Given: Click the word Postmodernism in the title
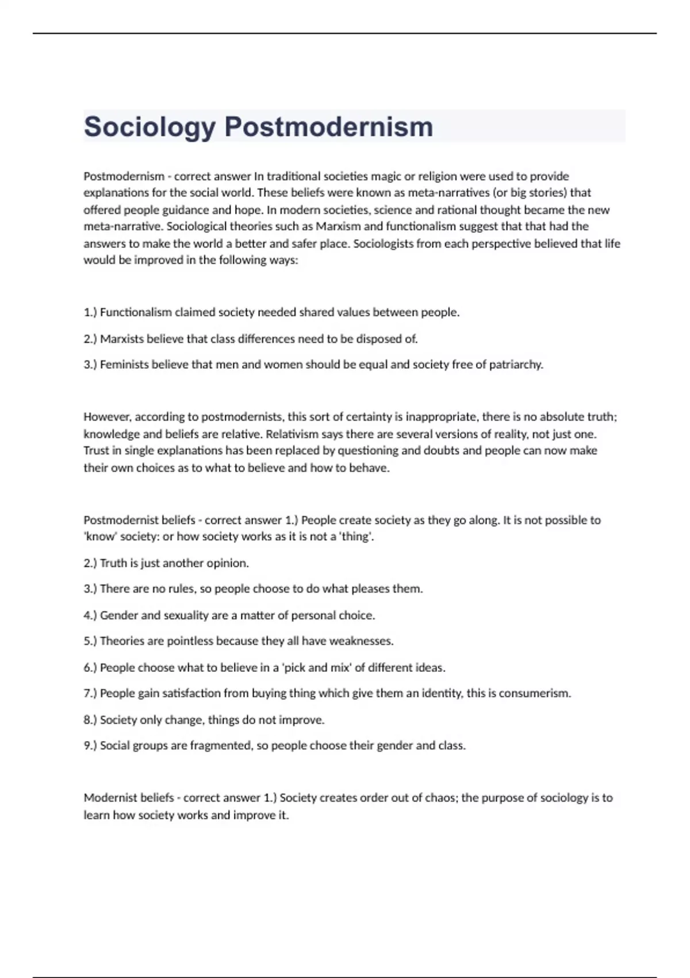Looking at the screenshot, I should point(328,127).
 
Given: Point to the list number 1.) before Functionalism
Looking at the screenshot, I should point(90,312).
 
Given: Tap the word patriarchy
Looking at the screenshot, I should point(516,364).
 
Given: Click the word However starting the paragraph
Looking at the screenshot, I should point(107,417).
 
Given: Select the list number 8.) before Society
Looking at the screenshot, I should point(90,720).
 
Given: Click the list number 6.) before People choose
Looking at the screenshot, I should point(90,668).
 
